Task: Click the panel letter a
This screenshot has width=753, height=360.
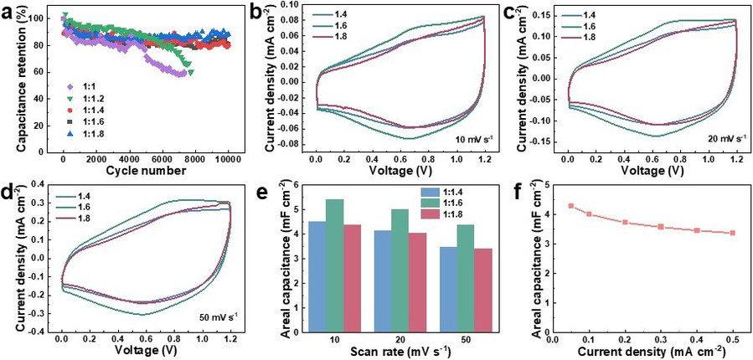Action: (x=8, y=11)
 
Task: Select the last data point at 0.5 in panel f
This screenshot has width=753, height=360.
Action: (x=733, y=233)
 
